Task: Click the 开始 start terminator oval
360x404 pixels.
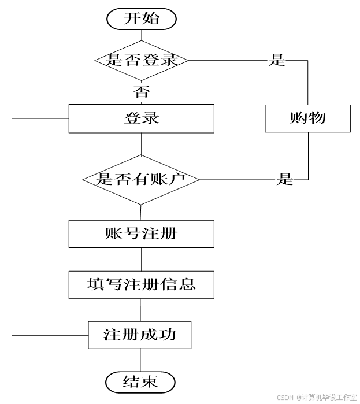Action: pyautogui.click(x=141, y=19)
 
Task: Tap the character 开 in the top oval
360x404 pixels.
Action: pyautogui.click(x=132, y=18)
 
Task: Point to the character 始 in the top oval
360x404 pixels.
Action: pyautogui.click(x=150, y=18)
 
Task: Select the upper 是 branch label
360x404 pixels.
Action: pyautogui.click(x=277, y=60)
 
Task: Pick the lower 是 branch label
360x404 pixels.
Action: pyautogui.click(x=284, y=179)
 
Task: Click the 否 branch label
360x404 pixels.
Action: pyautogui.click(x=140, y=92)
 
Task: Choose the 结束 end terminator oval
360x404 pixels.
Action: pyautogui.click(x=140, y=382)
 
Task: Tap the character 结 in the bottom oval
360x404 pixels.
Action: pyautogui.click(x=132, y=382)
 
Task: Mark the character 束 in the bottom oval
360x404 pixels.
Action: pyautogui.click(x=149, y=382)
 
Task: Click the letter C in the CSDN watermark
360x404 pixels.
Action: pyautogui.click(x=279, y=397)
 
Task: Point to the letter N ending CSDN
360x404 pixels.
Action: pyautogui.click(x=291, y=397)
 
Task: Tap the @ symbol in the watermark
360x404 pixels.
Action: pyautogui.click(x=298, y=397)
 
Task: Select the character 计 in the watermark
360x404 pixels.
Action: pyautogui.click(x=305, y=397)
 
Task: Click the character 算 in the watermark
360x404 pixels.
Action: pyautogui.click(x=311, y=397)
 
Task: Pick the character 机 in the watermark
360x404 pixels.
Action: pyautogui.click(x=318, y=397)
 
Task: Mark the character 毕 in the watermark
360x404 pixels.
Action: pyautogui.click(x=325, y=397)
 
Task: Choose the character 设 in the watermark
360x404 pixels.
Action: pyautogui.click(x=332, y=397)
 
